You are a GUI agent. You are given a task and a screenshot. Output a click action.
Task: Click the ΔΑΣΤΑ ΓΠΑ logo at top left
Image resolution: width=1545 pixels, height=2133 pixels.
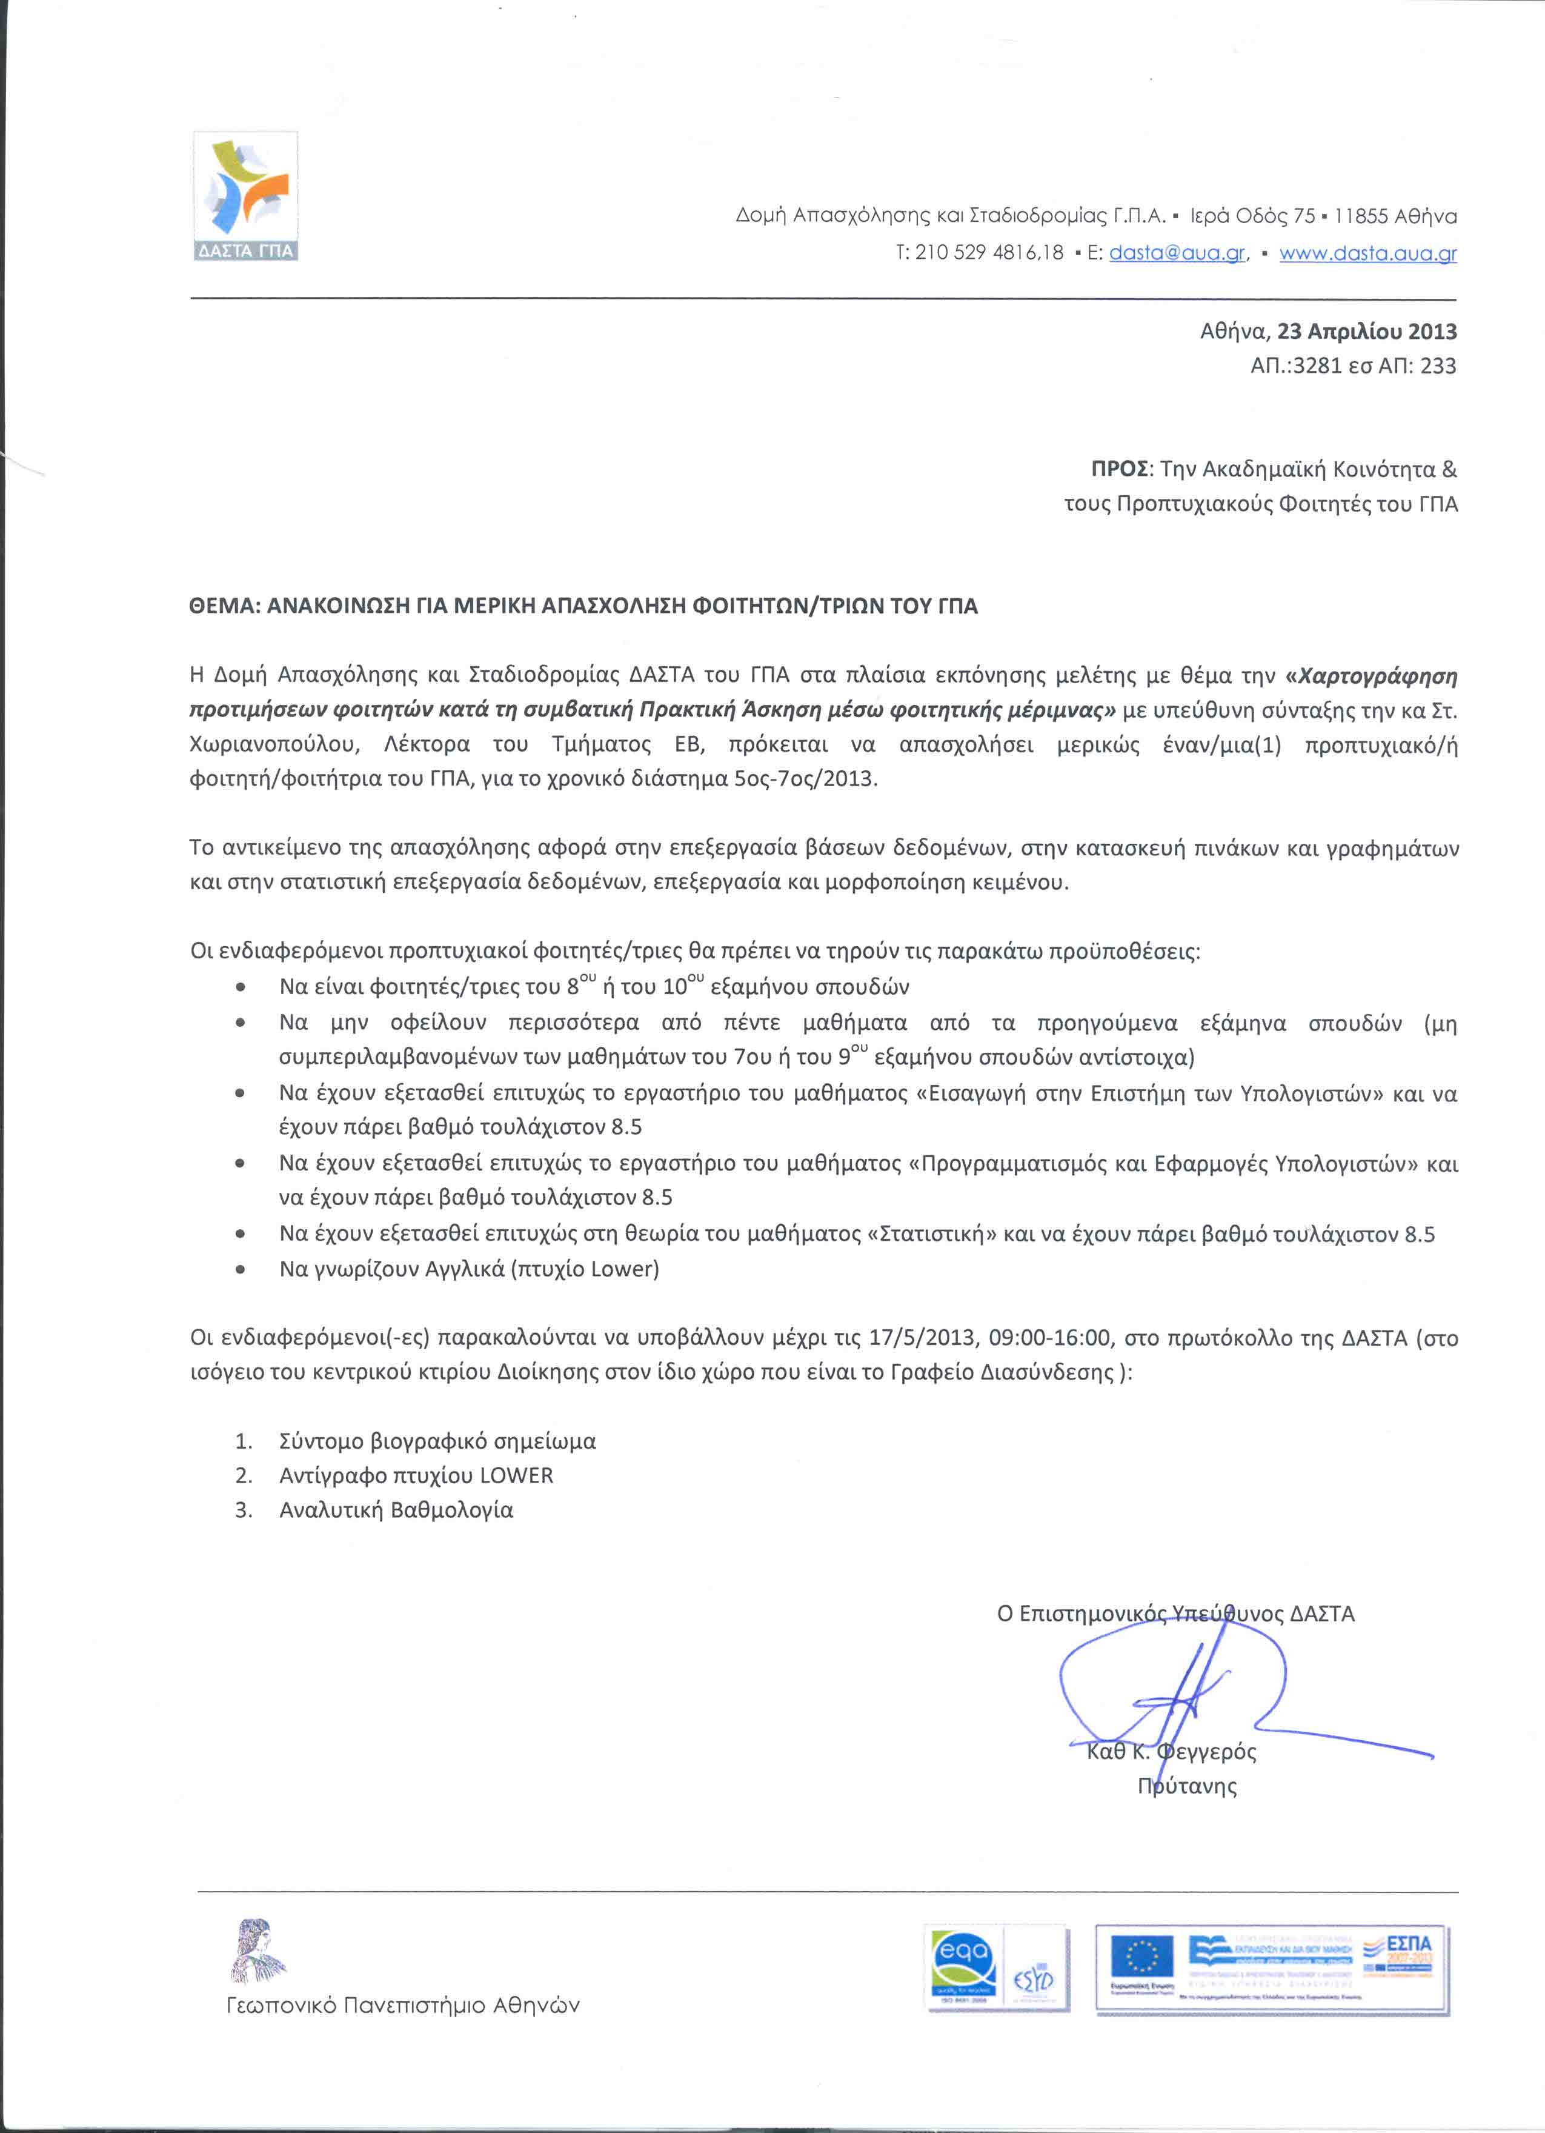click(245, 196)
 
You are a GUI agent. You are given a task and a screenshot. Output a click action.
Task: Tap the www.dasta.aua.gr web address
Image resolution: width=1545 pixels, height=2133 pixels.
click(1367, 253)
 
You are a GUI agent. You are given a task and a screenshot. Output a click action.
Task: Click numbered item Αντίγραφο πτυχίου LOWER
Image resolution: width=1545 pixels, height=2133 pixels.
click(416, 1475)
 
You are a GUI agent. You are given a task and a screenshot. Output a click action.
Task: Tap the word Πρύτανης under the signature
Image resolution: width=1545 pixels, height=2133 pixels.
click(1187, 1786)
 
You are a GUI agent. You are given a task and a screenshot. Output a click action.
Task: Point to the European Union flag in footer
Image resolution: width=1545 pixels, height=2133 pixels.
click(1141, 1955)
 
